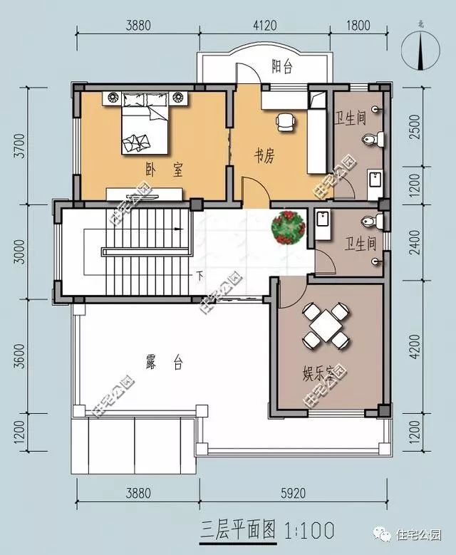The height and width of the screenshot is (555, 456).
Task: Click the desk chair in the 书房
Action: click(285, 123)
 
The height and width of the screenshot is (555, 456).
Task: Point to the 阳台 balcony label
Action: click(283, 67)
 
